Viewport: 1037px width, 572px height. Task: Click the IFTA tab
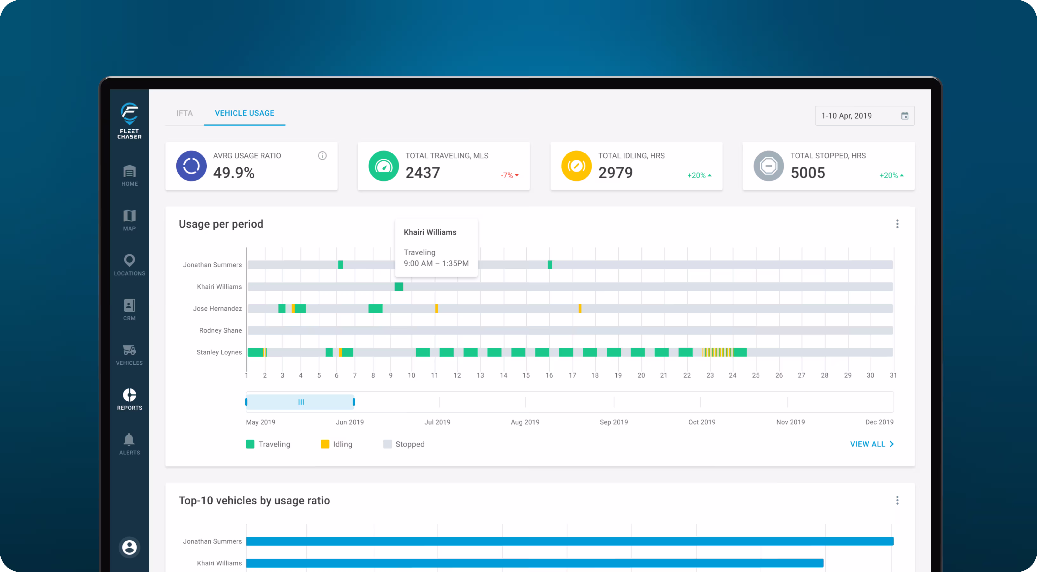tap(184, 113)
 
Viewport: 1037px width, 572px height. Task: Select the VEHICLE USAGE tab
tap(244, 113)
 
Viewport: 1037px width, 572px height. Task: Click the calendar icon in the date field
tap(905, 116)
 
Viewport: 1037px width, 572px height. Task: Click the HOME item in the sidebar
tap(129, 176)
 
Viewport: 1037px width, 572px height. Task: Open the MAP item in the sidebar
tap(129, 220)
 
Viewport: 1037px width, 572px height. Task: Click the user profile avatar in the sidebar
tap(129, 547)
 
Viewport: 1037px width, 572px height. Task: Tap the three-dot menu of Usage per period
tap(897, 224)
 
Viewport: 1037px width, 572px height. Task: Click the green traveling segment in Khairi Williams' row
tap(399, 287)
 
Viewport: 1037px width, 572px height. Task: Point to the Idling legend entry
tap(337, 444)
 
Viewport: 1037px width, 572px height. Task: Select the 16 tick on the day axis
tap(549, 375)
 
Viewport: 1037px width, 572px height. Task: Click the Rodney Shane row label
tap(221, 330)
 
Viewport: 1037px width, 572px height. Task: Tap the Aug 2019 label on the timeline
tap(525, 422)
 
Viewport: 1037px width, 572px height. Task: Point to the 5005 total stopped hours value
tap(808, 173)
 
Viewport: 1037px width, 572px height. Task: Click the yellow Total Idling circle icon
tap(576, 166)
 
